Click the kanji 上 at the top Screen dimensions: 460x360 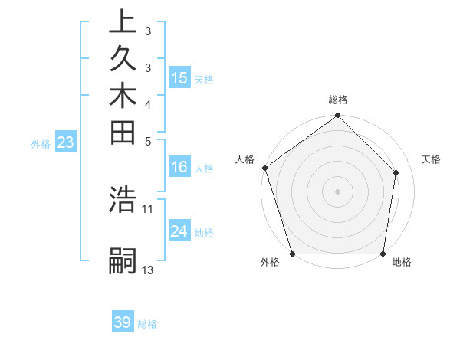pos(123,22)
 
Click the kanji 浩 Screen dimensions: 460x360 pos(123,199)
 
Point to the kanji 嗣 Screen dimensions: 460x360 pos(123,260)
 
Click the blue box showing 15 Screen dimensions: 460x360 pos(179,78)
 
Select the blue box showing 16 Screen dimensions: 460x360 pos(179,168)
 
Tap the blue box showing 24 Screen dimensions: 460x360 pos(179,231)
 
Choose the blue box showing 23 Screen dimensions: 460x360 pos(66,142)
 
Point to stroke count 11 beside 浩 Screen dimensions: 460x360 pos(148,208)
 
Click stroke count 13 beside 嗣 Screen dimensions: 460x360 pos(148,270)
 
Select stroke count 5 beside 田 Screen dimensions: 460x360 pos(148,141)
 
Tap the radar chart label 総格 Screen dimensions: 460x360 pos(338,100)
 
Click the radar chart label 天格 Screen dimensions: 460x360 pos(432,159)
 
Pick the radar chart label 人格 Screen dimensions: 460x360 pos(245,159)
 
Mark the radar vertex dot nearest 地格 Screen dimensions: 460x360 pos(383,254)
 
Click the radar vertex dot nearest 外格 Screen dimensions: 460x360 pos(293,254)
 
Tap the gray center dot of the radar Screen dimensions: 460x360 pos(338,191)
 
